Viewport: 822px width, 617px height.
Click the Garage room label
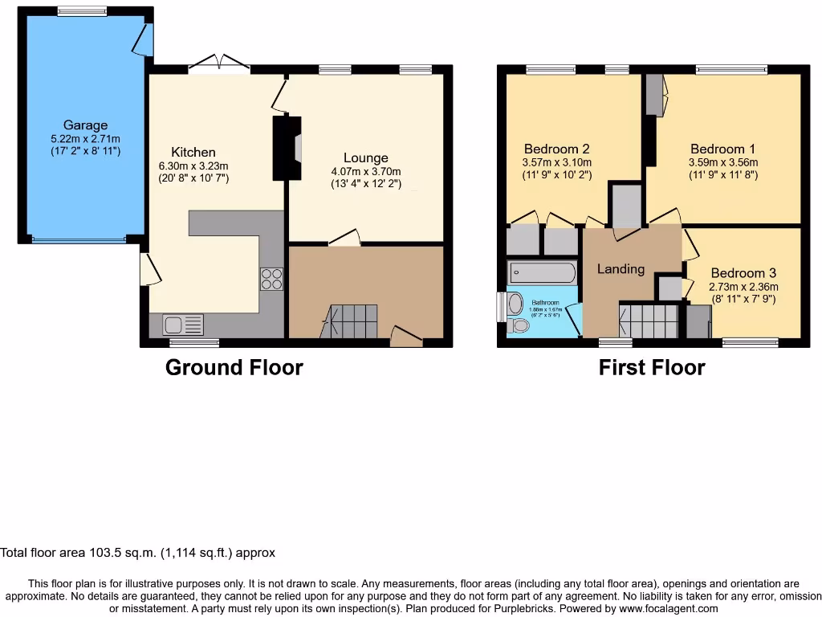(85, 125)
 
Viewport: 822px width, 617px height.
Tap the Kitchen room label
(193, 152)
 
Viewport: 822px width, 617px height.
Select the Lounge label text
(365, 158)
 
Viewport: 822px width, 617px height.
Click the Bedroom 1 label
(722, 149)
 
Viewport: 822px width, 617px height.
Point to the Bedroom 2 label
(557, 149)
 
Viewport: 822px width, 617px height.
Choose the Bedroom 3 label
(743, 273)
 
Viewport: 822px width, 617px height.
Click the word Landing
(621, 269)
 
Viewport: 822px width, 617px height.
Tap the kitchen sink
(183, 325)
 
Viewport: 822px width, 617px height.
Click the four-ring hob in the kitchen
(271, 278)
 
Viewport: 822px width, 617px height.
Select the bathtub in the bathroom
(542, 272)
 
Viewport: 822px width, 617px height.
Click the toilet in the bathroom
(514, 305)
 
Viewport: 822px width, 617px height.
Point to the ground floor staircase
(351, 321)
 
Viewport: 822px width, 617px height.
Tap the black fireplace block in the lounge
(285, 148)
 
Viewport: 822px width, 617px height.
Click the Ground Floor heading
(234, 368)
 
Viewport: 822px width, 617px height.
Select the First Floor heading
(652, 368)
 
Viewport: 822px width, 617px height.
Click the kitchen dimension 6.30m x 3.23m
(193, 165)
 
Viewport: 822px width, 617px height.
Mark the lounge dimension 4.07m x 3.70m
(366, 171)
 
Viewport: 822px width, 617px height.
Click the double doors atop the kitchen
(219, 64)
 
